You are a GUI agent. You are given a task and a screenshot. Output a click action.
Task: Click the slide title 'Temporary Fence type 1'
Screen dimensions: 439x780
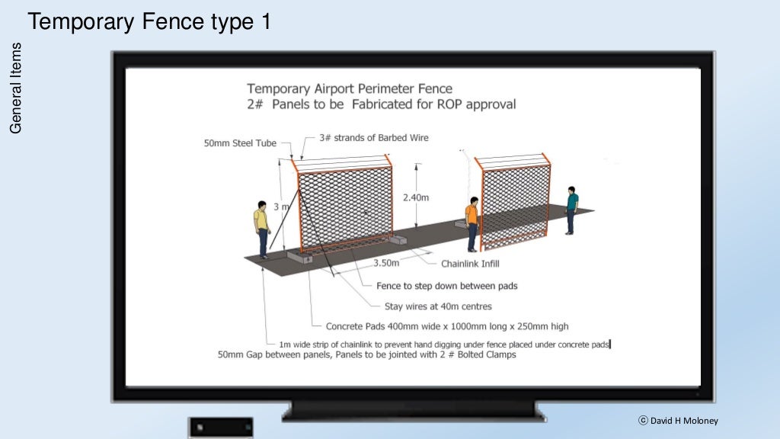coord(149,22)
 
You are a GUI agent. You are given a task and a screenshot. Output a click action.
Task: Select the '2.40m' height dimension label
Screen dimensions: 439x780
coord(416,197)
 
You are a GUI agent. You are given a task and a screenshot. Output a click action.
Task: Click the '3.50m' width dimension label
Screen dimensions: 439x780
coord(386,263)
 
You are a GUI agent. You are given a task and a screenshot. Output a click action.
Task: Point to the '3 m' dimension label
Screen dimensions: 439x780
coord(280,207)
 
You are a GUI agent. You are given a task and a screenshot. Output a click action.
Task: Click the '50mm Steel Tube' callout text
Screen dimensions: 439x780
coord(240,143)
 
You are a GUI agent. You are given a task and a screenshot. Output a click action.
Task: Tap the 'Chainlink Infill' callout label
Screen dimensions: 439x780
coord(471,264)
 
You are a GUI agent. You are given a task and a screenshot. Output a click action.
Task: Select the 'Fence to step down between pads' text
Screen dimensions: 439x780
coord(447,286)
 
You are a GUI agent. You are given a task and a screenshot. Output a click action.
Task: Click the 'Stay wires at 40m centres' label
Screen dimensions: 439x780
coord(438,306)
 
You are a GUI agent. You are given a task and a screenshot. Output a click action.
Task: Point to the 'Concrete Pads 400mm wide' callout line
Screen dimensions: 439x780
coord(447,326)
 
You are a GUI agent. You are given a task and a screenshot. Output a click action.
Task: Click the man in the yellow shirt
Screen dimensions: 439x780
coord(262,229)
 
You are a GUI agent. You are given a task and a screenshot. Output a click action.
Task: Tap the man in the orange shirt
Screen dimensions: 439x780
coord(472,223)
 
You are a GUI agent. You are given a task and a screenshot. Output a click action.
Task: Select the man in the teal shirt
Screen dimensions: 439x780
coord(572,210)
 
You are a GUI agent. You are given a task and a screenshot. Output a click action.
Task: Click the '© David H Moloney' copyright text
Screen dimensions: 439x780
coord(678,421)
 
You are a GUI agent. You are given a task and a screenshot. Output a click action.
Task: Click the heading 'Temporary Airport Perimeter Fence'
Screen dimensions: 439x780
coord(350,89)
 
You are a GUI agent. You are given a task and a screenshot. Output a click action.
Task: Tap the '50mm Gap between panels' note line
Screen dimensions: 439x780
coord(367,354)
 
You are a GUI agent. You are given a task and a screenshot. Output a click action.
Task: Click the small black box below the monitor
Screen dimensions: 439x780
coord(222,427)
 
